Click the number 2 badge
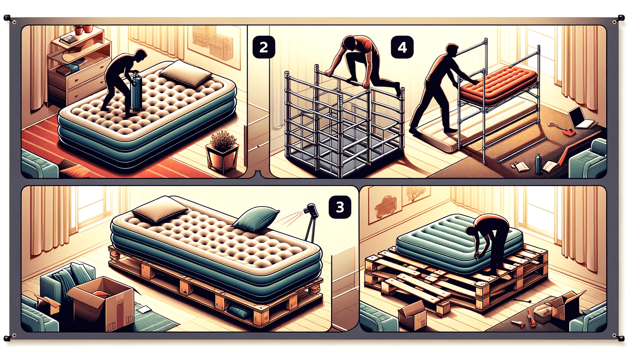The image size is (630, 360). [x=264, y=47]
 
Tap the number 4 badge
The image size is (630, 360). [x=402, y=47]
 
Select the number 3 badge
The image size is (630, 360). [x=340, y=207]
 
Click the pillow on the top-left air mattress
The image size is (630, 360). [x=185, y=73]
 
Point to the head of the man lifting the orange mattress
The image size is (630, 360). [x=452, y=51]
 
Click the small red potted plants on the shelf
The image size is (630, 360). [x=83, y=30]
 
